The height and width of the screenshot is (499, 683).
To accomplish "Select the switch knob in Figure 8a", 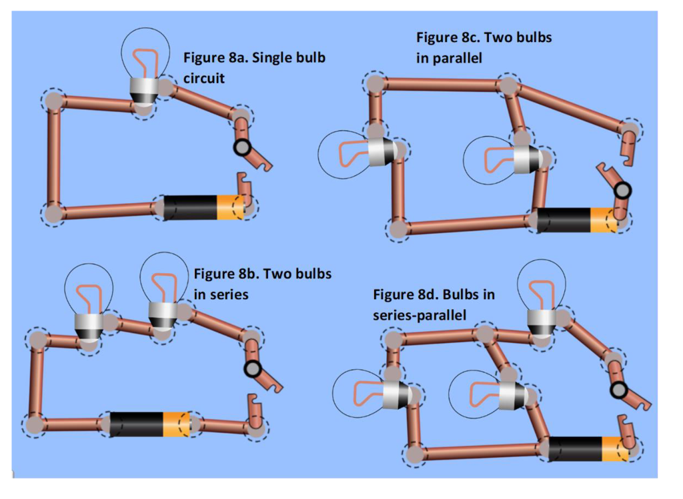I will (241, 148).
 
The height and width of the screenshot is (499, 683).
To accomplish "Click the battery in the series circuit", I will (150, 424).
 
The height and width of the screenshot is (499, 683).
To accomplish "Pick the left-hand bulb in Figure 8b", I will (89, 300).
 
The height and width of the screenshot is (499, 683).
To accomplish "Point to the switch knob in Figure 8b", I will (251, 368).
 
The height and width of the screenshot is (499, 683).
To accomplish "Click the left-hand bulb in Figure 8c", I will (354, 153).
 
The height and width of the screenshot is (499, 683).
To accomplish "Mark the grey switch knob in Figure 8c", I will (622, 191).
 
